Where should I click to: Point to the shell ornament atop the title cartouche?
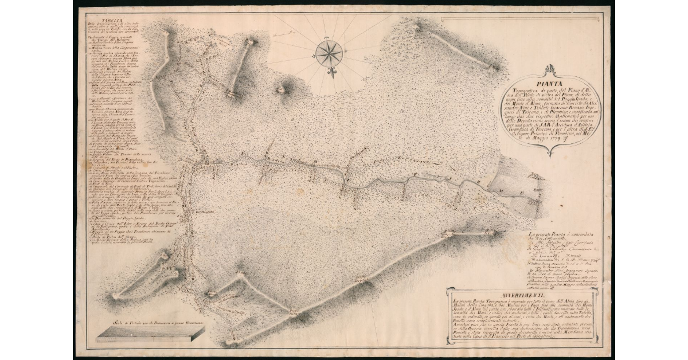(551, 70)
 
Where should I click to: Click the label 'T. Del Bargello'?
(204, 212)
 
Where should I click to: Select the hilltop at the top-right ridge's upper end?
(417, 26)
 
